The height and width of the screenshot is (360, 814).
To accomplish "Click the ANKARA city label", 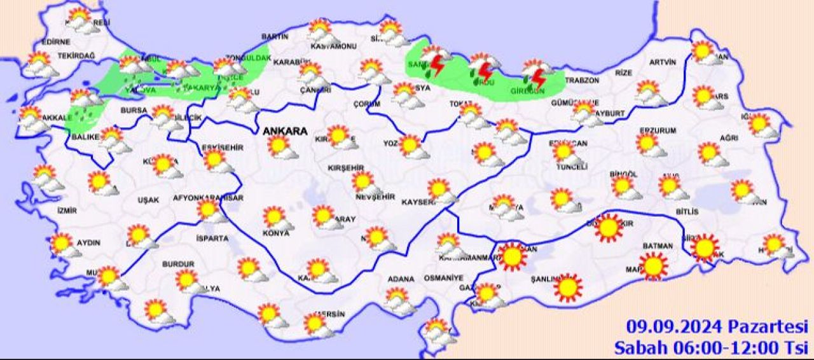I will tap(286, 131).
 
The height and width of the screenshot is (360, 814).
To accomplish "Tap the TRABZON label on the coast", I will tap(582, 81).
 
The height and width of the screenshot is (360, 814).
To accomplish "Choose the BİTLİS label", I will tap(687, 211).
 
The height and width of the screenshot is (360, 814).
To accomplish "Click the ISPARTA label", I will tap(213, 239).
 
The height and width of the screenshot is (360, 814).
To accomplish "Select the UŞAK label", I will tap(148, 200).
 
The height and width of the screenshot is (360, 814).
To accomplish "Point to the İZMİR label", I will tap(66, 211).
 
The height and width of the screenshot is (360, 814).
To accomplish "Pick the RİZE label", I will tap(623, 73).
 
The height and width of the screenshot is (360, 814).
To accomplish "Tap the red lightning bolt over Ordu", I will tap(485, 72).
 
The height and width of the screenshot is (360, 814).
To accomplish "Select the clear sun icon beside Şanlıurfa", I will tap(567, 287).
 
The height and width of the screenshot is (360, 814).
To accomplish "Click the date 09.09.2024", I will tap(674, 327).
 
